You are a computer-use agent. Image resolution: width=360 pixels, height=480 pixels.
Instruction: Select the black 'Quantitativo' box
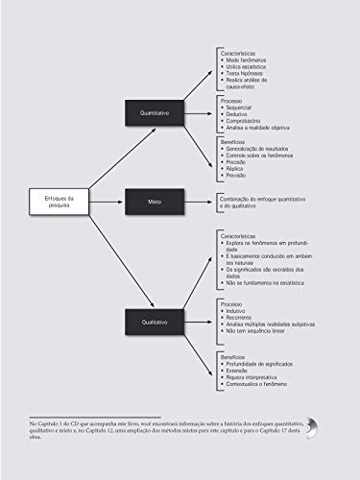pos(154,112)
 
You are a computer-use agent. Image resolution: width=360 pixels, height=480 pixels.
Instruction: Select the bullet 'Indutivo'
pos(236,311)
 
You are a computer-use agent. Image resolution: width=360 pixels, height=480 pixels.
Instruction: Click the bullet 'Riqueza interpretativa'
pos(254,377)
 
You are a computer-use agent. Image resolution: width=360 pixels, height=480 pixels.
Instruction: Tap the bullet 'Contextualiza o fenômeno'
pos(258,385)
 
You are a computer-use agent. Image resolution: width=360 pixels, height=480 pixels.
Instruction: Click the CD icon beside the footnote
pos(313,429)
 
